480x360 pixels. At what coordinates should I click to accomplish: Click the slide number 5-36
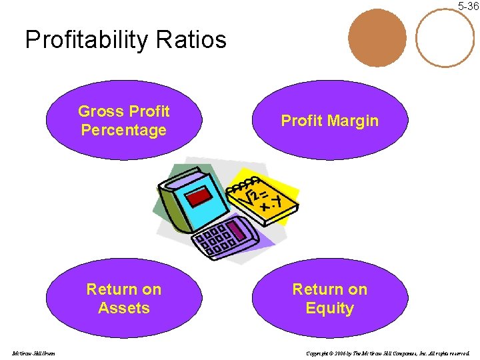pos(467,6)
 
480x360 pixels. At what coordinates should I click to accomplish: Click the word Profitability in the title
pos(86,40)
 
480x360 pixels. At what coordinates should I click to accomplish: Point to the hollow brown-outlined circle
pos(445,37)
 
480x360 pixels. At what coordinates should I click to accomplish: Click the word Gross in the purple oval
pos(101,111)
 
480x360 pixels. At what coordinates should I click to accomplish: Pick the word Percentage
pos(123,130)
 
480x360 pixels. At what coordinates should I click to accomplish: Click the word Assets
pos(123,308)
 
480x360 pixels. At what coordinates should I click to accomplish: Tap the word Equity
pos(329,308)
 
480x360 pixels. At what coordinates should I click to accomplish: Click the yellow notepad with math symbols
pos(267,200)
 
